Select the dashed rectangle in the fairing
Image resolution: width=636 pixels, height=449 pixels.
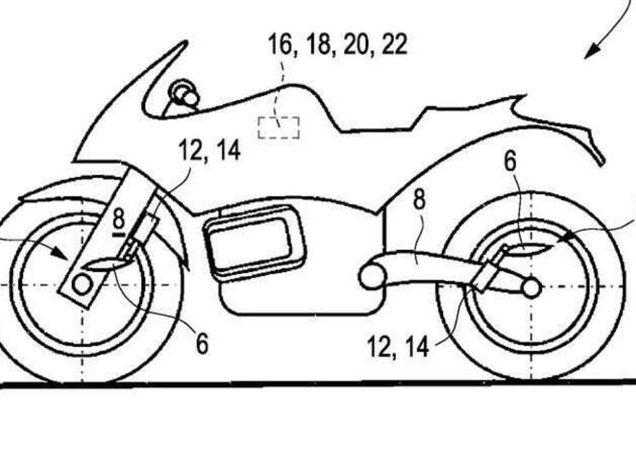279,127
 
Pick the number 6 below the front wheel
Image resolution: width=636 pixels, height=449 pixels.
202,344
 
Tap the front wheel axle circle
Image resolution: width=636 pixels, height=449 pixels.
81,285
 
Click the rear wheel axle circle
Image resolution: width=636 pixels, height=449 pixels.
531,289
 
